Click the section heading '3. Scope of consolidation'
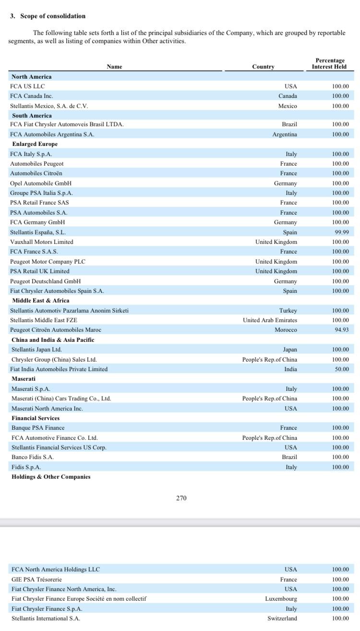(x=48, y=16)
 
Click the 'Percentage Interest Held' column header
(x=330, y=63)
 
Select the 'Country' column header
(x=263, y=67)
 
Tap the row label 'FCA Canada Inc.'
(x=32, y=96)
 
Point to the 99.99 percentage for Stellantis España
(x=341, y=232)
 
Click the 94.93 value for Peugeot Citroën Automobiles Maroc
(x=341, y=330)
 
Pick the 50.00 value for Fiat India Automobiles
(x=341, y=369)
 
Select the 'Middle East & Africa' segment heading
(x=40, y=301)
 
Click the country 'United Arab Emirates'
(x=270, y=320)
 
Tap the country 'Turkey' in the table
(x=288, y=311)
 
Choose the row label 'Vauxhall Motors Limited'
(x=42, y=242)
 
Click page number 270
(x=181, y=498)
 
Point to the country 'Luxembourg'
(x=281, y=599)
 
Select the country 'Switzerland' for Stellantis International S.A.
(x=282, y=619)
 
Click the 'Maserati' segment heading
(x=24, y=379)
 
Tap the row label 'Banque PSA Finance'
(x=38, y=428)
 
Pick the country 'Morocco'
(x=286, y=330)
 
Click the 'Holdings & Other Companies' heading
(x=51, y=477)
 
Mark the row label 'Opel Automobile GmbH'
(x=41, y=183)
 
